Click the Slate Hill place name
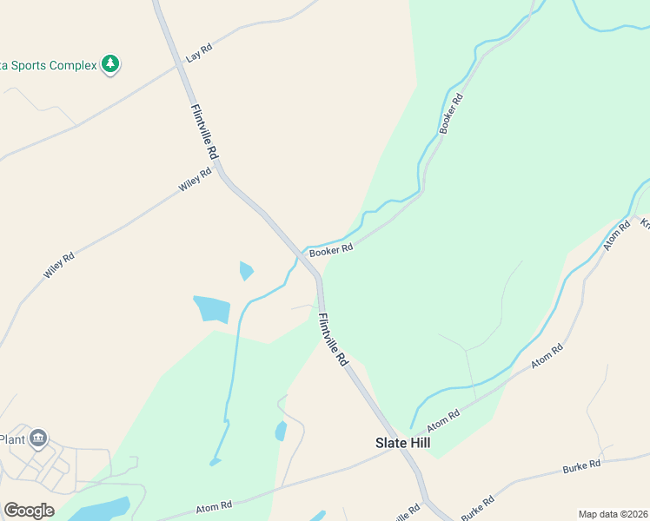pos(402,443)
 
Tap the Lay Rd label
pos(199,55)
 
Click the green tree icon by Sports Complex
pos(109,64)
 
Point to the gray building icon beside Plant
pos(37,439)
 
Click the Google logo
pos(29,511)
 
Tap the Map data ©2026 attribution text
pos(613,514)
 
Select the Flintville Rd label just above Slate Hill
pos(333,339)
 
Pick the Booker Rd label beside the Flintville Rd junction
pos(331,250)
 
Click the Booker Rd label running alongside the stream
pos(452,113)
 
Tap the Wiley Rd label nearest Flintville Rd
pos(196,180)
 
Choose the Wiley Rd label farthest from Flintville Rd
pos(59,265)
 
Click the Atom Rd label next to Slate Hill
pos(442,420)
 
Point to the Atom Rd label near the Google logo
pos(214,505)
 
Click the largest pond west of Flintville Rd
pos(212,309)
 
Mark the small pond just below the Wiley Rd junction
pos(246,270)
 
